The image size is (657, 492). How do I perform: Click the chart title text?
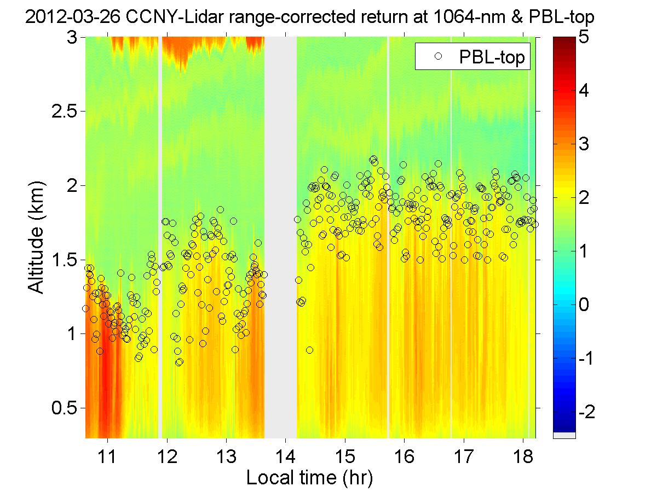tap(309, 19)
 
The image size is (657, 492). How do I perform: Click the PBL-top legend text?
tap(495, 58)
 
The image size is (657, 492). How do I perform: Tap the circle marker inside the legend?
tap(437, 57)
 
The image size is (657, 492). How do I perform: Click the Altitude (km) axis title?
tap(36, 237)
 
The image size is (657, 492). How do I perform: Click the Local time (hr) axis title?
tap(309, 478)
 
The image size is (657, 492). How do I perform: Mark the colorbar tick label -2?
tap(589, 411)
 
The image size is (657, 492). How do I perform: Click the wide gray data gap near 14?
tap(281, 235)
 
